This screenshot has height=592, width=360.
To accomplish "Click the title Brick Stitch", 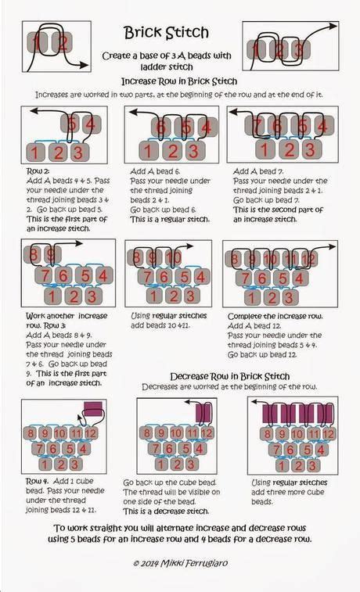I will (166, 33).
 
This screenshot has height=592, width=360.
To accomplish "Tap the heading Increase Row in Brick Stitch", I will (179, 81).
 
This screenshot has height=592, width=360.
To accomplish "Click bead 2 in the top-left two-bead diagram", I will (63, 43).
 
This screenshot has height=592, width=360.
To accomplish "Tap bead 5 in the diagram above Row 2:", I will (72, 124).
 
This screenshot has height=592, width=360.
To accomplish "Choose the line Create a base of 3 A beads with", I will (165, 56).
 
